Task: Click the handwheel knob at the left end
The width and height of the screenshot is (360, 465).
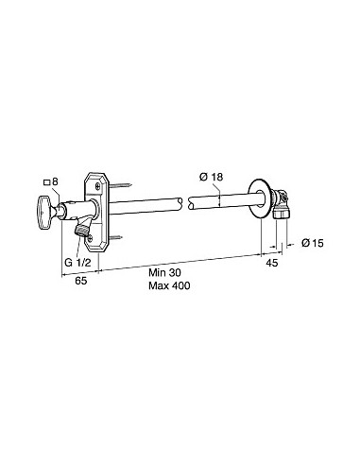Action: [43, 212]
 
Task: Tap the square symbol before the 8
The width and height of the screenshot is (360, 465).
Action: [46, 181]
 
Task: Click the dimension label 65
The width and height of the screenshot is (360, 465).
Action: [81, 281]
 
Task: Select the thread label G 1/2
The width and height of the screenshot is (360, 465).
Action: [77, 262]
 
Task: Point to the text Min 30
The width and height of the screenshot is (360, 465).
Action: [164, 272]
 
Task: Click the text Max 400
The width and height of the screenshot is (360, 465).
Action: [169, 285]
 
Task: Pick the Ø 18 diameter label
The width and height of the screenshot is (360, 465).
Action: [211, 177]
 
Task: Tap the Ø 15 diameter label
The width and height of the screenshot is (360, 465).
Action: [313, 243]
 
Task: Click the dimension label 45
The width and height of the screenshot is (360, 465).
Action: [272, 263]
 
